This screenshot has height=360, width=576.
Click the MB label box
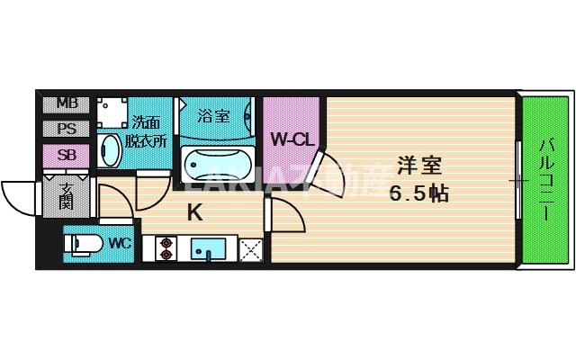click(67, 103)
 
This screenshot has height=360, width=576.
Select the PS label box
click(67, 129)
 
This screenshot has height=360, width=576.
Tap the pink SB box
click(67, 154)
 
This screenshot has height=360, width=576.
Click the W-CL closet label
click(292, 139)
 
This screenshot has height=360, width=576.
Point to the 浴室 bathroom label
click(213, 116)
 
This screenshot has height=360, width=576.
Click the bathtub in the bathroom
click(213, 165)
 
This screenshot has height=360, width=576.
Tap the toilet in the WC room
click(84, 244)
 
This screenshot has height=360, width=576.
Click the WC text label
click(120, 243)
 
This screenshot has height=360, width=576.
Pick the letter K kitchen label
click(194, 213)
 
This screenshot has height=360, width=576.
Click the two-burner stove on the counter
click(166, 247)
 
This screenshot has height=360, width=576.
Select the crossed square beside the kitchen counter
click(249, 247)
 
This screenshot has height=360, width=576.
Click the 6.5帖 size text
click(419, 193)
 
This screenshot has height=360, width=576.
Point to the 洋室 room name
click(419, 166)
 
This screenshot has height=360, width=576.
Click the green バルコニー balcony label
click(546, 180)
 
